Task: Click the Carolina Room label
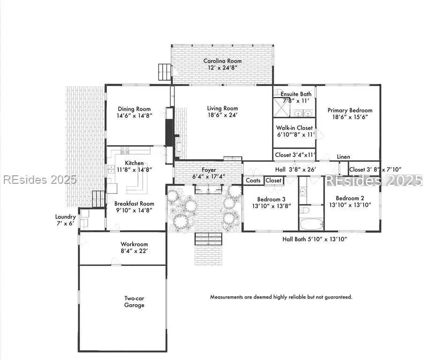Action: [x=222, y=61]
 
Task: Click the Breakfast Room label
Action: [x=134, y=204]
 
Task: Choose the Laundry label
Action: [x=65, y=217]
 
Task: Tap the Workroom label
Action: [x=134, y=244]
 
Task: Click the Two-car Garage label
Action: [x=134, y=301]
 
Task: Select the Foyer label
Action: [x=209, y=170]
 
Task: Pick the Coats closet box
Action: [x=253, y=180]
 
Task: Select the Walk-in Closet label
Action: [x=294, y=127]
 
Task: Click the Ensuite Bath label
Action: [x=296, y=94]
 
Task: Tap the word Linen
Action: [x=343, y=157]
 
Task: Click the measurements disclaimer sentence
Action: [x=281, y=297]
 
